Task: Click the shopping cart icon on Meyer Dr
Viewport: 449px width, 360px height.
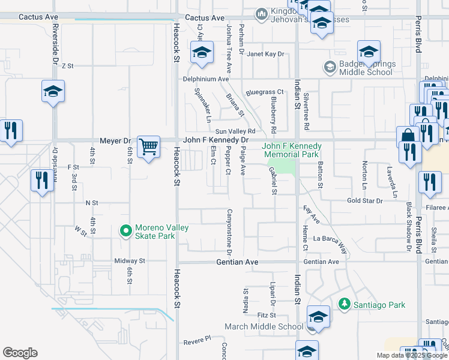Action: point(148,146)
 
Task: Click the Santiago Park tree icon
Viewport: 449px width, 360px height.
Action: point(345,305)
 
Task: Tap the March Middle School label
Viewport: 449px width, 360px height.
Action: point(264,326)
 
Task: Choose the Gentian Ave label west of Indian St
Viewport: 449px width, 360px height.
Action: point(237,262)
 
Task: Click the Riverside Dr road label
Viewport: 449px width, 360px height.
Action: point(55,43)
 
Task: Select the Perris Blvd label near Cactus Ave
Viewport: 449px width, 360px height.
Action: point(417,33)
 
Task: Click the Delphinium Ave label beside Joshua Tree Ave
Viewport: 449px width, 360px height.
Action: point(206,79)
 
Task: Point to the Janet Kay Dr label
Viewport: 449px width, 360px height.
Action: point(265,54)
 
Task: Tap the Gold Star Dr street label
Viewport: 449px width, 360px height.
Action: point(365,200)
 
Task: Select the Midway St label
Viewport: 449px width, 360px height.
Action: point(130,261)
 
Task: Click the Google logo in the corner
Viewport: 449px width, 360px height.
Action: point(20,353)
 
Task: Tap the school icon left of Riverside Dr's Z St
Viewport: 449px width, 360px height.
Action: point(53,92)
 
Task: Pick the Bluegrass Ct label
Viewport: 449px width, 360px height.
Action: point(265,93)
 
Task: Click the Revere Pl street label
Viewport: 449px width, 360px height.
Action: point(198,340)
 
